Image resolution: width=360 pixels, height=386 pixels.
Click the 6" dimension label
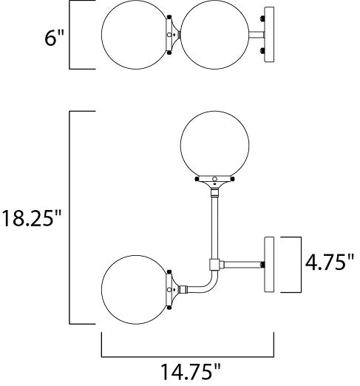54,38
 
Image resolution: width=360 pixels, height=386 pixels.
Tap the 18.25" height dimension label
31,218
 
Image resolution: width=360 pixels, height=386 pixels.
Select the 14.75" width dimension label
191,371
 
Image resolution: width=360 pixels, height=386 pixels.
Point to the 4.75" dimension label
330,263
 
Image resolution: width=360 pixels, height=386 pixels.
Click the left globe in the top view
135,35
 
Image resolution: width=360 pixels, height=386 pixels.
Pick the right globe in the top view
214,35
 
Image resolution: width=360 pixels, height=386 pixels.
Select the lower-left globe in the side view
135,290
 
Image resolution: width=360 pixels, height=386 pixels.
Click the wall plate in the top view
269,35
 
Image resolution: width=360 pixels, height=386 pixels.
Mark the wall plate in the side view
269,265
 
